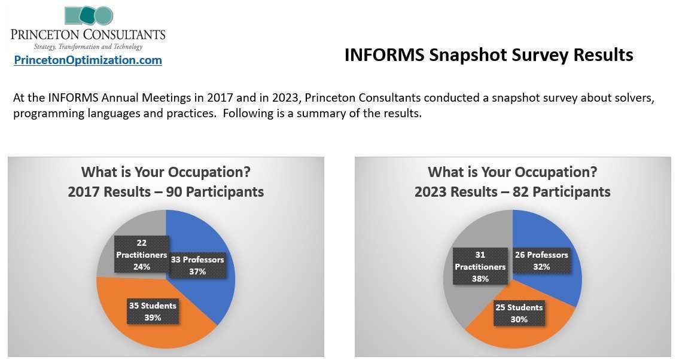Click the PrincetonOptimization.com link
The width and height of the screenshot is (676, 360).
pos(88,60)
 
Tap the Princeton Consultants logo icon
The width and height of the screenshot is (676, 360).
pos(89,16)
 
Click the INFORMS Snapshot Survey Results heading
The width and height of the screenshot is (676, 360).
pos(489,55)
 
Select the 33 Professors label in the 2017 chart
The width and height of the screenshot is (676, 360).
pos(197,266)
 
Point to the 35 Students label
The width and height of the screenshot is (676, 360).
pos(153,312)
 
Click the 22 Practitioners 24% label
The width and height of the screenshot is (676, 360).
pos(141,254)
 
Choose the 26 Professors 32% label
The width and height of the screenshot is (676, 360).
pos(541,260)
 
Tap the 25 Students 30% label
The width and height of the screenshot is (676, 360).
pos(519,313)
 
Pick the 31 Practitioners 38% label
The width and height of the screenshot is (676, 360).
pos(480,267)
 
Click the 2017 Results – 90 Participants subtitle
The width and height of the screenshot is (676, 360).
pos(166,192)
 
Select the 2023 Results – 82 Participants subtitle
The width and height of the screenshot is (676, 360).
pos(513,192)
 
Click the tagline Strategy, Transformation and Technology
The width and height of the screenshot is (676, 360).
pos(88,47)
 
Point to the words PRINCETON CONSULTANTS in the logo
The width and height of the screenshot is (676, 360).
pos(88,35)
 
